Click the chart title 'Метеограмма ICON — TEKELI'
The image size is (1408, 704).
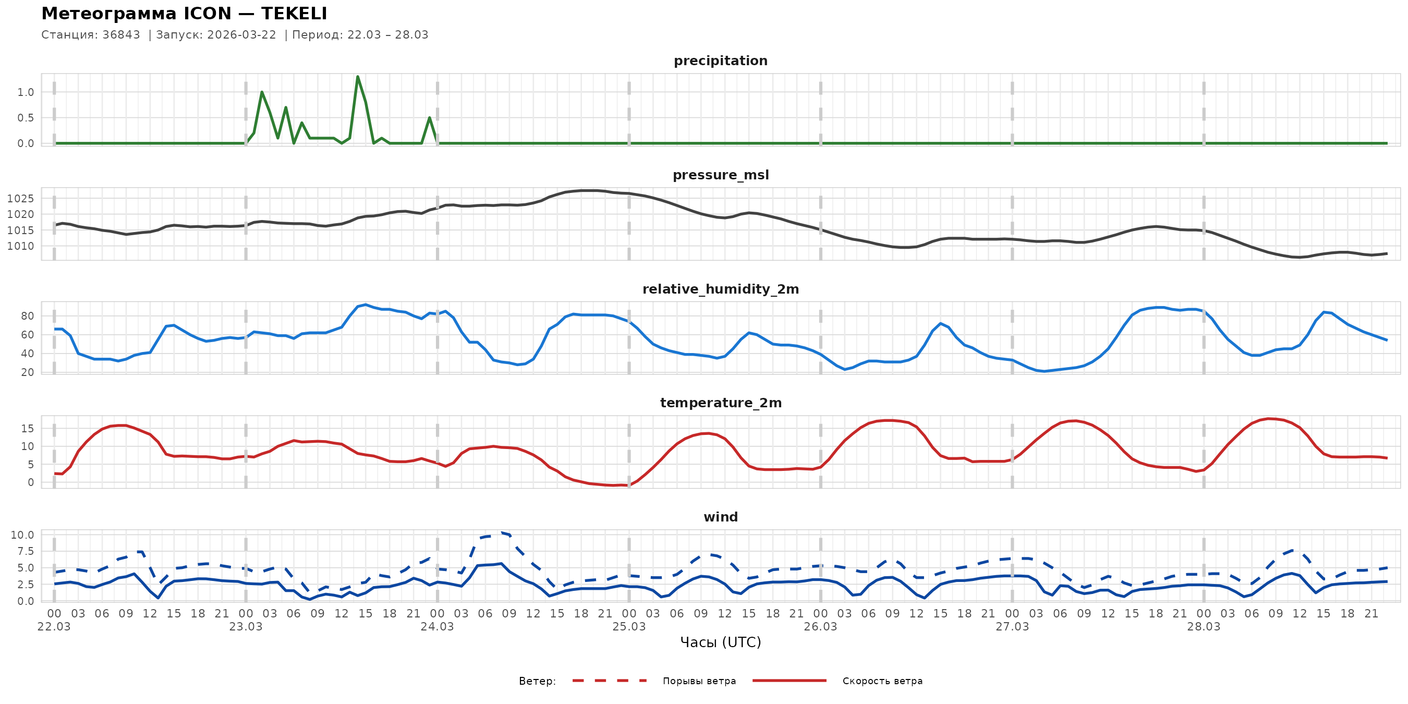(x=184, y=14)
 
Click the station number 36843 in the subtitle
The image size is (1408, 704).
(x=121, y=35)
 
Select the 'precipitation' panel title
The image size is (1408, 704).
(x=720, y=60)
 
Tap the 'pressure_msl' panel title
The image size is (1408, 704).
(x=720, y=175)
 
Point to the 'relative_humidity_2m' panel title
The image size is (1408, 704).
(x=720, y=289)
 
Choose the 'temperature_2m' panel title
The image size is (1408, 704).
(x=720, y=403)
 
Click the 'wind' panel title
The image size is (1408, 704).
(x=720, y=517)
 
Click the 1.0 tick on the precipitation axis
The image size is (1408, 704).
(x=25, y=92)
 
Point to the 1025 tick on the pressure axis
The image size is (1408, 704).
(x=20, y=198)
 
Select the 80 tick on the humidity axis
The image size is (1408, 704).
(x=27, y=316)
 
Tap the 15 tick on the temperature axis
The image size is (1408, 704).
(x=27, y=429)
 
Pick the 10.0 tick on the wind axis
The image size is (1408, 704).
(x=22, y=535)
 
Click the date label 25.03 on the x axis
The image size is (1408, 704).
(x=628, y=627)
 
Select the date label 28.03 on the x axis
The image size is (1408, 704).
(x=1203, y=627)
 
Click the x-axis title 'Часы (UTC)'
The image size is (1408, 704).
(x=720, y=642)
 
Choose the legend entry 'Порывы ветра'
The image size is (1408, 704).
(x=699, y=681)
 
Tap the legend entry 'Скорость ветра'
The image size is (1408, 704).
(x=882, y=681)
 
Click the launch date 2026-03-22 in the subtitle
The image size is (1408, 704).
(x=241, y=35)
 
